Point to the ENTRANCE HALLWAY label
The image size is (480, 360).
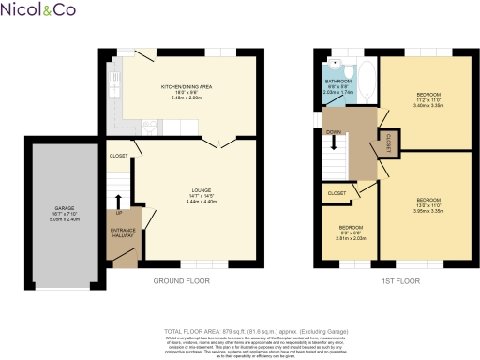123,232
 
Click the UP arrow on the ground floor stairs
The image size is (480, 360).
119,201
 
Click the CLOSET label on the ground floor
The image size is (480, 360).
119,155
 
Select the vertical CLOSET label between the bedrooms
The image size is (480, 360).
387,142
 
